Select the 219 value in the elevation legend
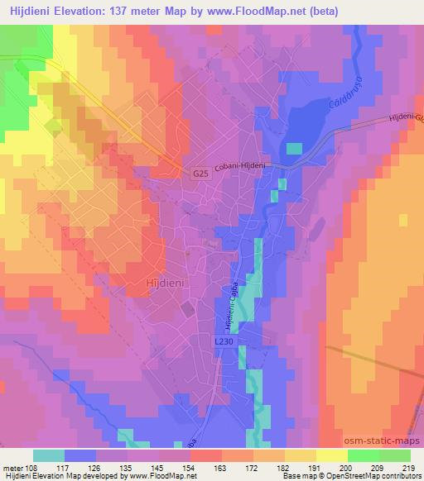point(407,467)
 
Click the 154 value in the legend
point(190,467)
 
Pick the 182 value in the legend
point(284,467)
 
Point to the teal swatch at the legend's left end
point(50,455)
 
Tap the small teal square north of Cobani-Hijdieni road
point(294,148)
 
